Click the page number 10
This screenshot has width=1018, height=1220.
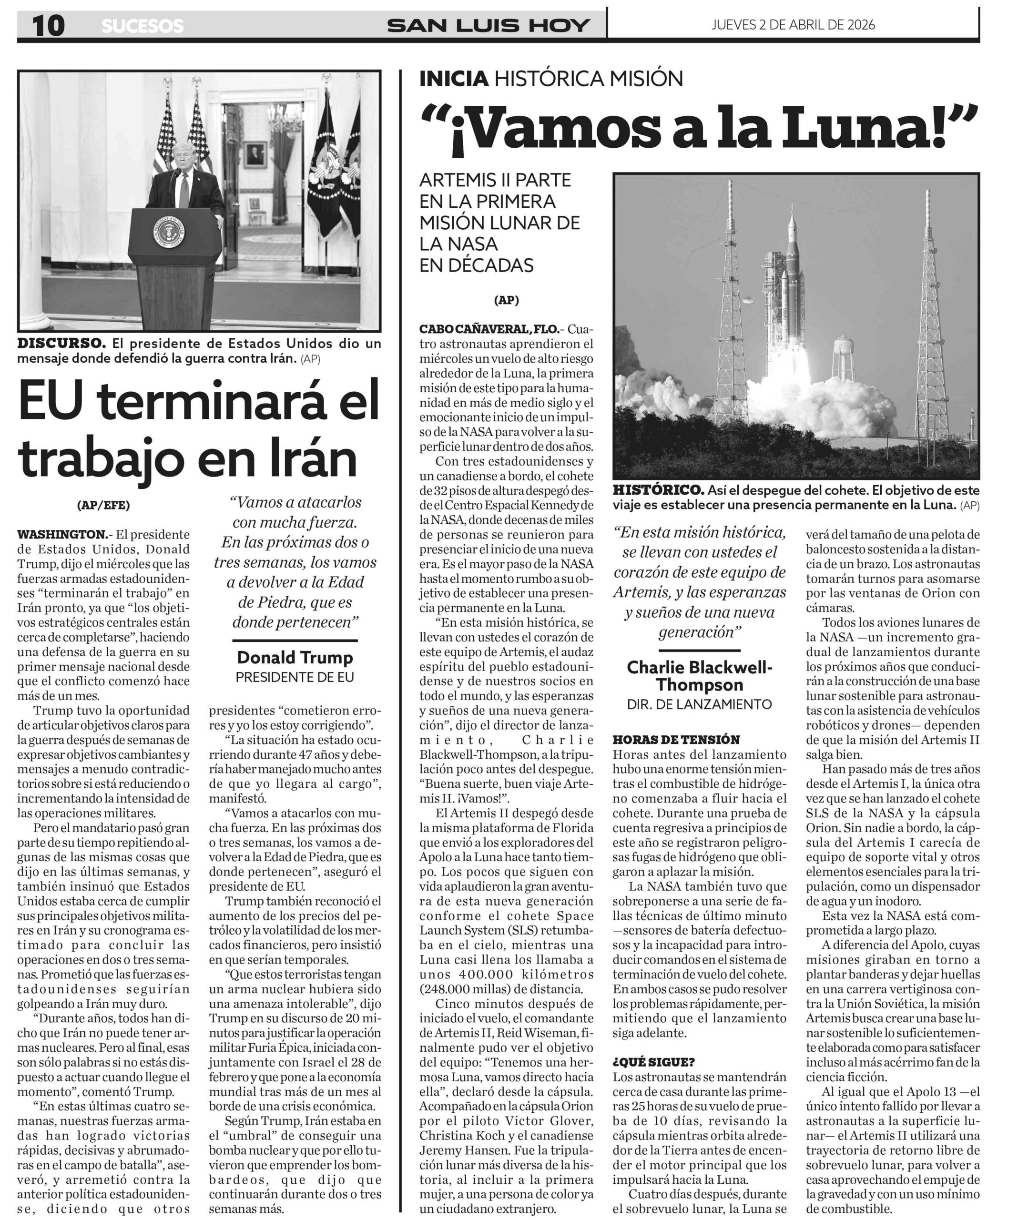tap(48, 26)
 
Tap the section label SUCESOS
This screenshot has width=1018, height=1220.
tap(143, 26)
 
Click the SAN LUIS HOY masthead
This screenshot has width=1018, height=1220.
tap(489, 26)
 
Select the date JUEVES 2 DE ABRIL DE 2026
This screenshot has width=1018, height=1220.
tap(793, 24)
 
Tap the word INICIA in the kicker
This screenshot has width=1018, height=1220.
tap(453, 79)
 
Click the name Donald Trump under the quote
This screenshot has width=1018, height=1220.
tap(295, 657)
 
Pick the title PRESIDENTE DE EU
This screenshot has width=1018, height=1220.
tap(295, 677)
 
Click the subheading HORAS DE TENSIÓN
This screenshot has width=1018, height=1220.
tap(676, 740)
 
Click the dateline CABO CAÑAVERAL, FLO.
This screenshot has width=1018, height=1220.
tap(489, 329)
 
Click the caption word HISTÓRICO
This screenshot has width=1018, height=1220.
tap(658, 490)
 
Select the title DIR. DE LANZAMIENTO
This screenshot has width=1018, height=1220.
tap(700, 704)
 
